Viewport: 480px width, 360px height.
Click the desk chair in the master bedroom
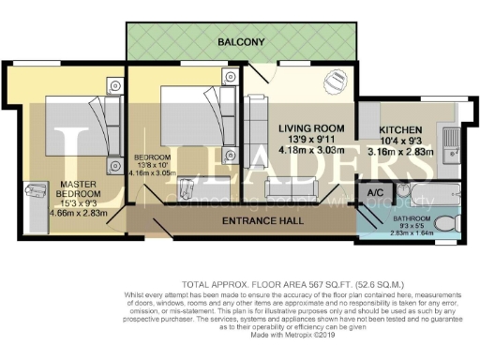(38, 195)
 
